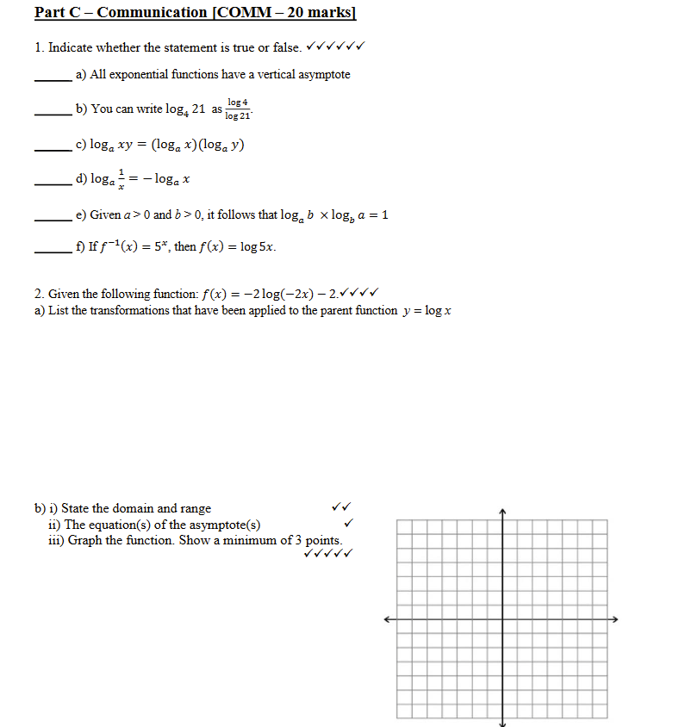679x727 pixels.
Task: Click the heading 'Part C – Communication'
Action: click(121, 13)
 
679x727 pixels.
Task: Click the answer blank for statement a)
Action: click(53, 79)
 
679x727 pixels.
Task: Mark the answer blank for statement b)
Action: click(53, 114)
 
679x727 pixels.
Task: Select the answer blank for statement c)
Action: click(53, 149)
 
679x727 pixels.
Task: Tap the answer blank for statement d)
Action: click(53, 183)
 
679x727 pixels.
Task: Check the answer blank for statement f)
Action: click(53, 252)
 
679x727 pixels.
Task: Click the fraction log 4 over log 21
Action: click(238, 109)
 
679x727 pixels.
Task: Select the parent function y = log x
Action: click(428, 310)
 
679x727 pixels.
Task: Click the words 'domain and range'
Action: click(172, 508)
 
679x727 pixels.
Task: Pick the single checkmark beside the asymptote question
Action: click(348, 524)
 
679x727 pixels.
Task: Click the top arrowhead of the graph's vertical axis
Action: click(502, 513)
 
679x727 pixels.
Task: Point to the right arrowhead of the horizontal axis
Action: click(614, 619)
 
